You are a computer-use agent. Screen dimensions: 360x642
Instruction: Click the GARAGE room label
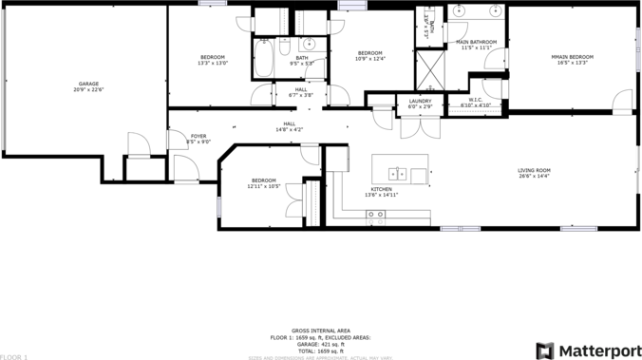pyautogui.click(x=87, y=84)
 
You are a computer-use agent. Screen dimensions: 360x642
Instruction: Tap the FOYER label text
pyautogui.click(x=198, y=137)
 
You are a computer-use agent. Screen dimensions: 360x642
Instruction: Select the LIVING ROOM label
pyautogui.click(x=534, y=171)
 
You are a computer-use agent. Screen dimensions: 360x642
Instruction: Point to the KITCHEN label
pyautogui.click(x=382, y=190)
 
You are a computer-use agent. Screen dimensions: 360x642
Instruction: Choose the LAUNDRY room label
pyautogui.click(x=420, y=101)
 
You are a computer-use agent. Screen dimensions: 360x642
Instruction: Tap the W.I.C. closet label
pyautogui.click(x=475, y=101)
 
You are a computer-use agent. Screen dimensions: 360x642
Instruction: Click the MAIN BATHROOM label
pyautogui.click(x=476, y=42)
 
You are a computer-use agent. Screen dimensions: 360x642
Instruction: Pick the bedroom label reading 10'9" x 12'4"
pyautogui.click(x=369, y=53)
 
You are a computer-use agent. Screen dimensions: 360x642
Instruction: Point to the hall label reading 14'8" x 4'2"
pyautogui.click(x=289, y=124)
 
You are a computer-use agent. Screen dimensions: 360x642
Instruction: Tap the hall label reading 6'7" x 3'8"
pyautogui.click(x=287, y=90)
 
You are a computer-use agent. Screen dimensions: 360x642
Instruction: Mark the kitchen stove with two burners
pyautogui.click(x=377, y=215)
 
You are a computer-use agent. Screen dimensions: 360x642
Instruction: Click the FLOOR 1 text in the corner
pyautogui.click(x=15, y=356)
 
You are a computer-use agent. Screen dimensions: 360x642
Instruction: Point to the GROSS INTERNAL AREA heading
pyautogui.click(x=321, y=330)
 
